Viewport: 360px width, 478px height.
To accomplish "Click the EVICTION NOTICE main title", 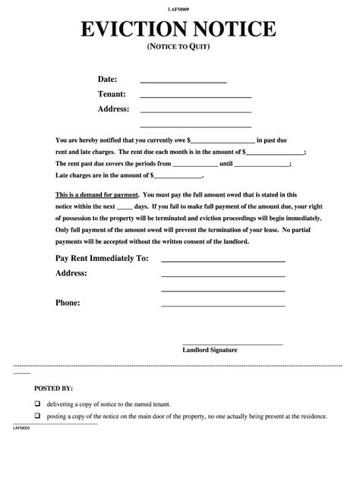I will point(179,30).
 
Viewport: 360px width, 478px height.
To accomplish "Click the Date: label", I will point(108,79).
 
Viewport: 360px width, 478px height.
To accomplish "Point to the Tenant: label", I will point(112,94).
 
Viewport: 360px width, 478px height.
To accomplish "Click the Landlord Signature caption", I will point(210,350).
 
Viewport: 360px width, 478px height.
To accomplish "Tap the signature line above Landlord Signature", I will point(232,344).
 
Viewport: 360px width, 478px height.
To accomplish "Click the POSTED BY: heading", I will point(53,387).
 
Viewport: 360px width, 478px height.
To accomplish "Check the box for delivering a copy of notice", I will point(36,404).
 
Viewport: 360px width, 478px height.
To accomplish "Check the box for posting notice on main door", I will point(36,417).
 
